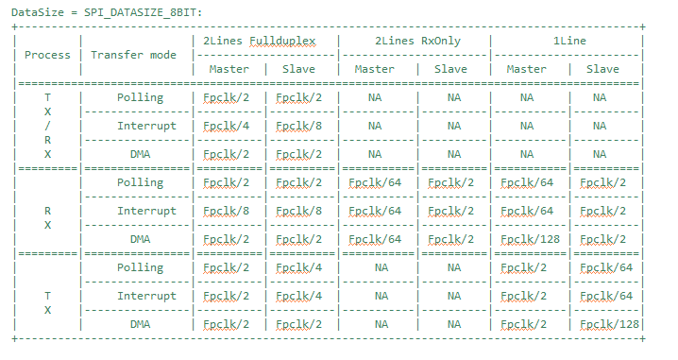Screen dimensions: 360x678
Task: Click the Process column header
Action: (47, 55)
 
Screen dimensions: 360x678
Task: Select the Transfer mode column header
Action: (133, 55)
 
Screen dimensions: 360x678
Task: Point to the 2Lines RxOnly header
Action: (414, 41)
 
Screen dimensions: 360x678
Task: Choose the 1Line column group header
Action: (567, 41)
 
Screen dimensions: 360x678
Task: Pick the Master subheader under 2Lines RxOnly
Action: (374, 69)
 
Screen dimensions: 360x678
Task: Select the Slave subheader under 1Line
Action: (602, 69)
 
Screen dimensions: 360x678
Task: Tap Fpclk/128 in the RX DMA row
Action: (530, 239)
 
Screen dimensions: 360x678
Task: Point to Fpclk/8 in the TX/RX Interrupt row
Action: (297, 126)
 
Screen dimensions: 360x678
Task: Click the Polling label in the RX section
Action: (140, 182)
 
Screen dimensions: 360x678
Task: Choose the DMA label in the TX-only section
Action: (140, 324)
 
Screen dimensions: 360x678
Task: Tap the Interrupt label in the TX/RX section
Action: (146, 126)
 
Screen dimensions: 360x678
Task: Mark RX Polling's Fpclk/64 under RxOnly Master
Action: (374, 182)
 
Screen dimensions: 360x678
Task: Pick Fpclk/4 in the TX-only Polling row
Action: (297, 267)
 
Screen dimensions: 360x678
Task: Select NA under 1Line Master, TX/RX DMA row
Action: (526, 154)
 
